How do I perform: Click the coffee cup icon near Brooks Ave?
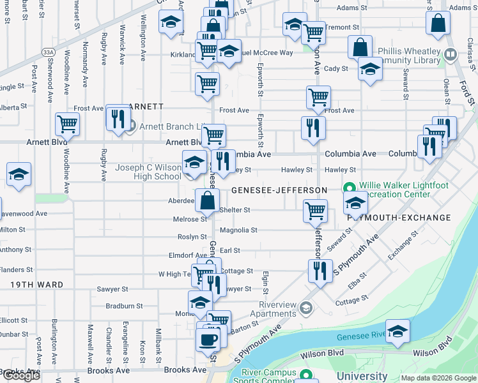[208, 339]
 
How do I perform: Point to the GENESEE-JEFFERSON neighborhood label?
[279, 190]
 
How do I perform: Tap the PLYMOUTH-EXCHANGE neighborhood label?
[399, 218]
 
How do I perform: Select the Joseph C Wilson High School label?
[148, 172]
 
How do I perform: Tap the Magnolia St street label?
[238, 230]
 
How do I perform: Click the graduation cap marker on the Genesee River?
[397, 332]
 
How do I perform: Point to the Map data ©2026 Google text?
[438, 378]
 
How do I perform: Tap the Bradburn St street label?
[124, 306]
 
